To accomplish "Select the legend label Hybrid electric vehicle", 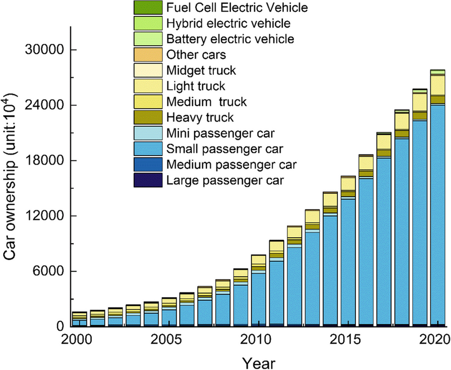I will [228, 23].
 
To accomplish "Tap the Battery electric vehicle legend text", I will [230, 39].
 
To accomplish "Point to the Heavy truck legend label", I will [200, 117].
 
